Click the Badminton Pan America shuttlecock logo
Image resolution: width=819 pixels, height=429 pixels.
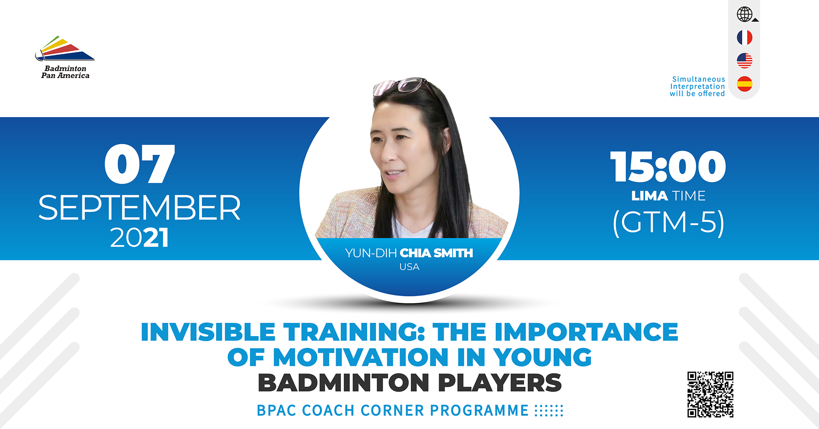[x=64, y=49]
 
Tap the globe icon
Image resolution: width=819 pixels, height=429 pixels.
[x=745, y=14]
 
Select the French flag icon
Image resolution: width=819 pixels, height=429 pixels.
[x=745, y=38]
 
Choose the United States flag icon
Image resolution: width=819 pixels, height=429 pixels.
[x=745, y=61]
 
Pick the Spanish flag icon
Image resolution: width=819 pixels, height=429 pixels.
[x=745, y=84]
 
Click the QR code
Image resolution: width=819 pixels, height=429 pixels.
[x=710, y=394]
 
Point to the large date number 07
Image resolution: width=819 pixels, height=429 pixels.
[x=140, y=164]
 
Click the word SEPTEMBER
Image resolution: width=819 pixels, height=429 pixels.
[x=139, y=208]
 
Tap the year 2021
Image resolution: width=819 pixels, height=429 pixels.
[x=139, y=238]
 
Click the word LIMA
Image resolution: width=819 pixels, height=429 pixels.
[x=650, y=196]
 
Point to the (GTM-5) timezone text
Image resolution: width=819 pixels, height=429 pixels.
[x=668, y=222]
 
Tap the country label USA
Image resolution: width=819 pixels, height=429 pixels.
[x=409, y=267]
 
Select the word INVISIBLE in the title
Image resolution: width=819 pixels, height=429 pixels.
[x=208, y=332]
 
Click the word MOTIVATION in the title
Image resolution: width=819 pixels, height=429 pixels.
[x=361, y=357]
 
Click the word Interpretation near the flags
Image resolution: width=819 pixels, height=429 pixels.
[x=697, y=87]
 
